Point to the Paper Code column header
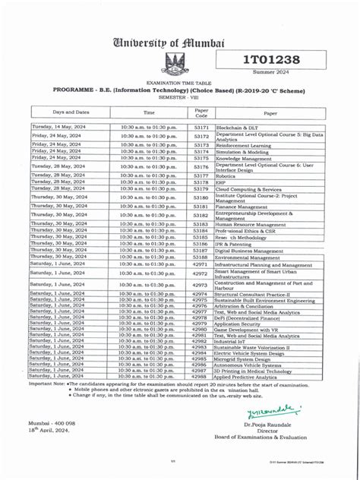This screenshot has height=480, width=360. click(x=201, y=112)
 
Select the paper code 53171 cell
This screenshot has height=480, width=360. click(x=201, y=128)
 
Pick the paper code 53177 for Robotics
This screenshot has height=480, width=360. click(x=201, y=175)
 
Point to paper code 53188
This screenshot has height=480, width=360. click(x=201, y=257)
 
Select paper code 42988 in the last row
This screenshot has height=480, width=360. click(x=201, y=376)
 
